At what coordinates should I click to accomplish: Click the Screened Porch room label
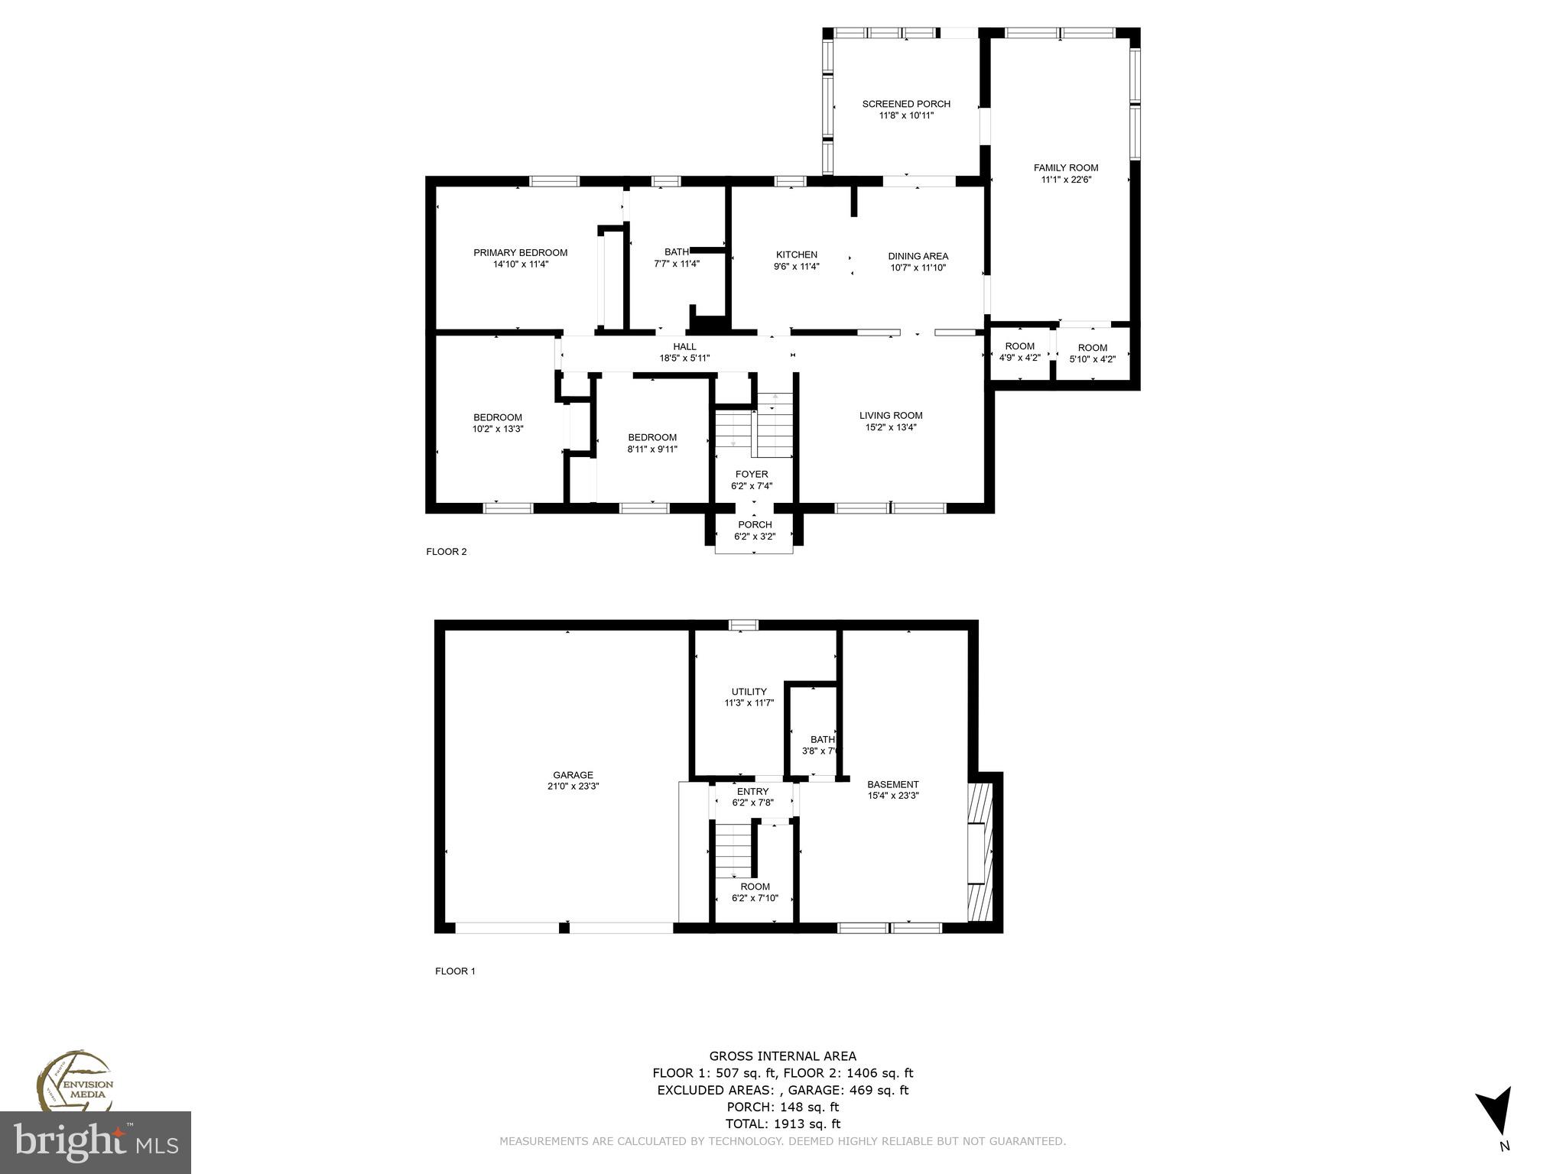(x=906, y=104)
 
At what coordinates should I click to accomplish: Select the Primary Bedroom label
(x=520, y=253)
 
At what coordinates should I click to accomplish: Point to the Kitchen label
(x=797, y=255)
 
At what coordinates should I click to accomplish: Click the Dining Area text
(x=918, y=257)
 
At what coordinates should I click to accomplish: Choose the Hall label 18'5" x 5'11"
(x=684, y=358)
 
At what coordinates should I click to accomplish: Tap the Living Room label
(x=891, y=416)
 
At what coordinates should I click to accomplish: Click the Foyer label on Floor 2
(x=752, y=475)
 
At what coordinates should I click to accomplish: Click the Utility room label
(x=749, y=692)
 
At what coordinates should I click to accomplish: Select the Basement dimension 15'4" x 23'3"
(x=893, y=796)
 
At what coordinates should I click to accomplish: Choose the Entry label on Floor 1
(x=752, y=791)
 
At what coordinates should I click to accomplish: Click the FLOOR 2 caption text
(x=446, y=552)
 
